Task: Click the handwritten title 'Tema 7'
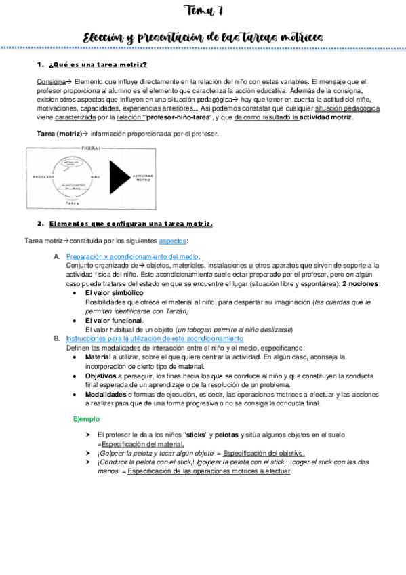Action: pos(203,12)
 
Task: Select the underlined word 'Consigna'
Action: pos(49,82)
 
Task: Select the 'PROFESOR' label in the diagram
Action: pos(43,175)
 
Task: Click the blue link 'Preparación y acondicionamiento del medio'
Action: pos(132,257)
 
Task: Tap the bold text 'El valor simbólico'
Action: pos(114,292)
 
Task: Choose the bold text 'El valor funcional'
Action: pos(114,320)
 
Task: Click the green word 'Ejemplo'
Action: pos(86,420)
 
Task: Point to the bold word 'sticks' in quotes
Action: pos(197,435)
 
